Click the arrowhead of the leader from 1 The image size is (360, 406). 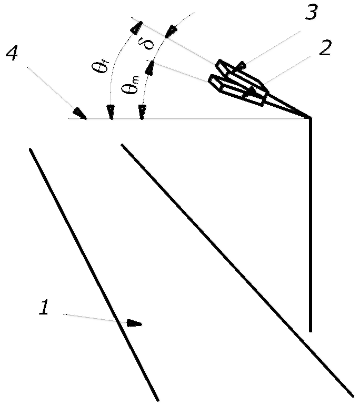click(x=135, y=323)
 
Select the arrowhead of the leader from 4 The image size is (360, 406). click(x=81, y=114)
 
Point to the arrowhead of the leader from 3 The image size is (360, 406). click(x=241, y=66)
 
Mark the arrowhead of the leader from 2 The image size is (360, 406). click(x=254, y=92)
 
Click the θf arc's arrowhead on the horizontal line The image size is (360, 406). click(x=111, y=113)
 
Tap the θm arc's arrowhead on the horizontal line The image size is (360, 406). click(x=141, y=113)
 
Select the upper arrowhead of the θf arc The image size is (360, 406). click(x=138, y=24)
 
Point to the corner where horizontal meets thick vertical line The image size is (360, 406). click(x=311, y=119)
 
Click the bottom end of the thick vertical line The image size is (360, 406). click(x=311, y=330)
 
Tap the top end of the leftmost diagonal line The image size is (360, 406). click(x=31, y=149)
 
